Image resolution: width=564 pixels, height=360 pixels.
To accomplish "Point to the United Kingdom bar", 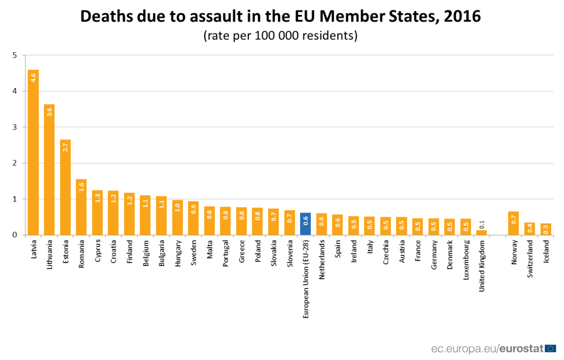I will (481, 232).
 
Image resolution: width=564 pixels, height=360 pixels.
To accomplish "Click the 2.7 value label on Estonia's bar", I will (66, 147).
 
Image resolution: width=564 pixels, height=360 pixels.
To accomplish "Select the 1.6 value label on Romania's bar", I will (82, 186).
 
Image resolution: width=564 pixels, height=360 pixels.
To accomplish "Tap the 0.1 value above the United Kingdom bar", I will (481, 224).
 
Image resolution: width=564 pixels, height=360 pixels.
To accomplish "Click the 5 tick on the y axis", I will (15, 55).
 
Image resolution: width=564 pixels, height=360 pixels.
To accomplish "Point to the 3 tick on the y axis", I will (15, 127).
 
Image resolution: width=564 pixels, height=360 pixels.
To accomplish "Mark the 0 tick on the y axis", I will (15, 235).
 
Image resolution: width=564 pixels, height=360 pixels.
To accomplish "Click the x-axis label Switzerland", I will (530, 258).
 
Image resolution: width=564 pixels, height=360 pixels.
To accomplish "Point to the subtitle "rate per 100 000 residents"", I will (281, 36).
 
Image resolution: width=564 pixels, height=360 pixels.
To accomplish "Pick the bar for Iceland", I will (546, 229).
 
